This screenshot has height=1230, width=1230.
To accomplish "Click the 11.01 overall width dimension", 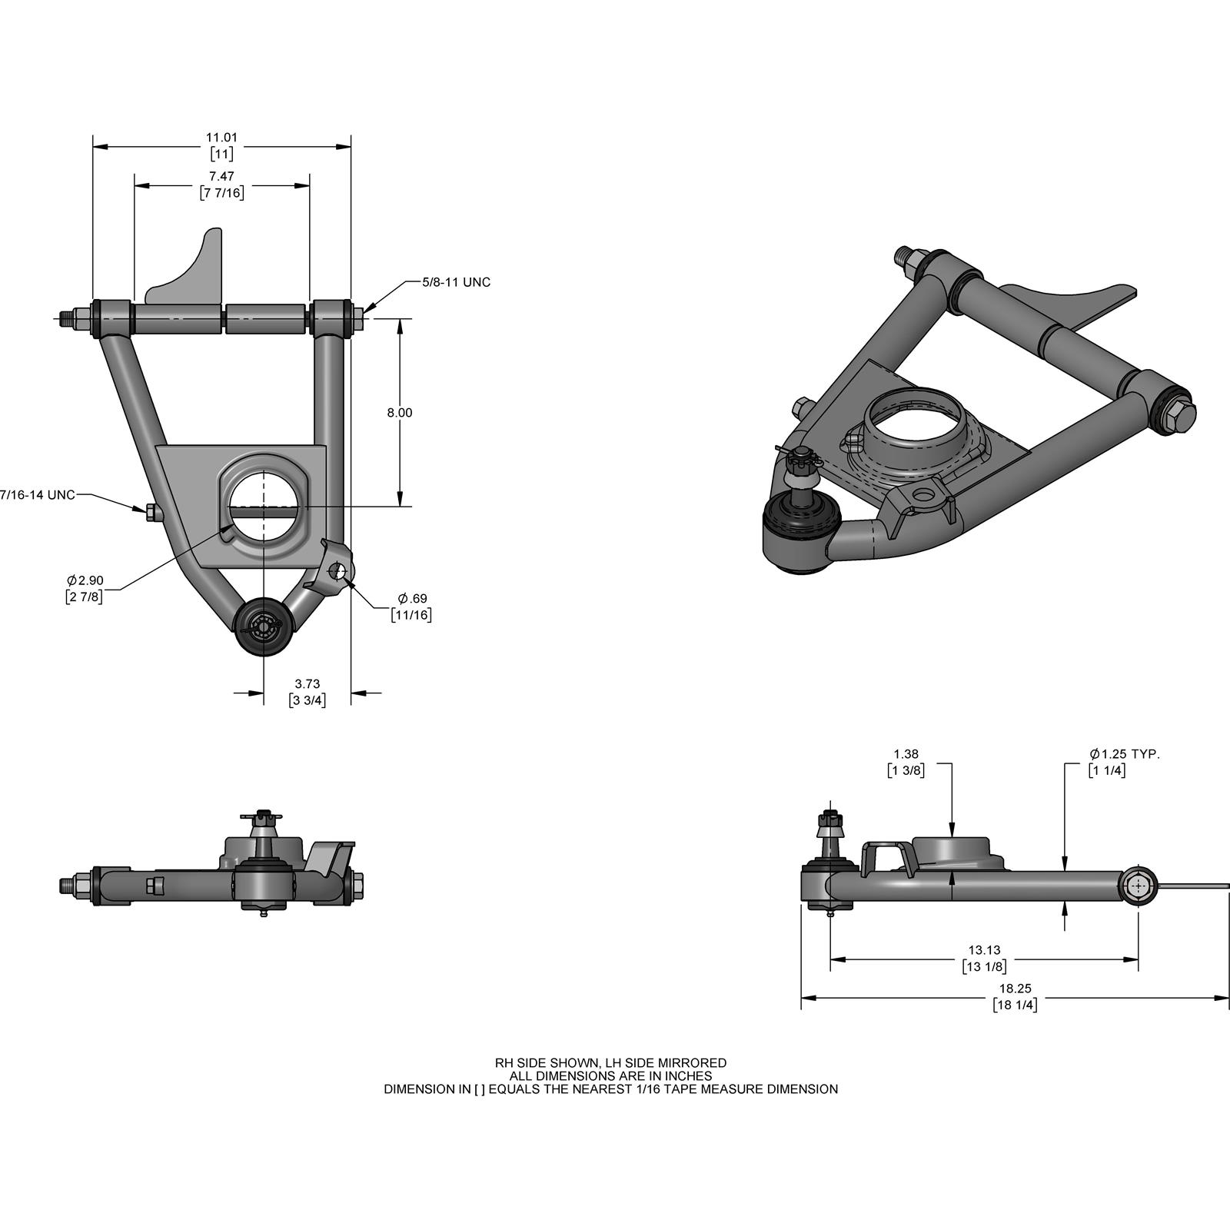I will click(x=221, y=138).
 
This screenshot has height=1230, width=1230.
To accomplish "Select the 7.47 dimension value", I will click(x=221, y=177).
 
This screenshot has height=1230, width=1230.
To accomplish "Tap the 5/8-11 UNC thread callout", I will click(x=456, y=282).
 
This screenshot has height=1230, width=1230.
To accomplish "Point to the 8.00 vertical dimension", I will click(x=400, y=413).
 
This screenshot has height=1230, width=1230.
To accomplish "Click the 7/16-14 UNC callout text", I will click(x=38, y=495).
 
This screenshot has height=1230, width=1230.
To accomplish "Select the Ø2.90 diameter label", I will click(x=85, y=580).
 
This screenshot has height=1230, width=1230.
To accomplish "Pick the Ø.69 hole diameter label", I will click(x=412, y=598).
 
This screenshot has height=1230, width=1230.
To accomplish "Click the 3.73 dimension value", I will click(x=307, y=683).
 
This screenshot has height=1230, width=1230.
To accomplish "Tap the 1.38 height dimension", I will click(x=906, y=755).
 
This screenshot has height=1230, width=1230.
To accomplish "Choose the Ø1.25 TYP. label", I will click(x=1124, y=755).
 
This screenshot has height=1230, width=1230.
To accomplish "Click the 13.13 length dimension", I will click(x=984, y=950).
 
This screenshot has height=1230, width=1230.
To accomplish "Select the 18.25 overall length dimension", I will click(x=1015, y=989).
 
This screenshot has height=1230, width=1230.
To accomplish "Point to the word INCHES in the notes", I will click(x=689, y=1076).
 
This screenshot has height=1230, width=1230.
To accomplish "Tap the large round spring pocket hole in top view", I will click(x=264, y=500).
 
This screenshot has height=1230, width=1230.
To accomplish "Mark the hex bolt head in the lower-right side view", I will click(x=1139, y=886).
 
